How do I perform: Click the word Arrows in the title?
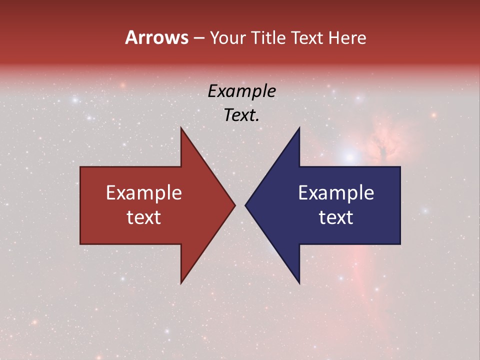(x=156, y=37)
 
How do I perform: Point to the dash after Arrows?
(x=198, y=38)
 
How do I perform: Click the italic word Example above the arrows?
(x=242, y=91)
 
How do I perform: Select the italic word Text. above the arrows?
(x=242, y=115)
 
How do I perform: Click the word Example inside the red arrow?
(x=144, y=193)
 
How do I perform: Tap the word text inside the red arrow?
(x=144, y=217)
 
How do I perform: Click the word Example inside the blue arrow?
(x=336, y=193)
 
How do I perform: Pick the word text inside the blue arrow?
(x=336, y=217)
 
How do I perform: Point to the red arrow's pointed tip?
(x=235, y=205)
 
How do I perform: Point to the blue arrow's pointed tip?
(x=245, y=205)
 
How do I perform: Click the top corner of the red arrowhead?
(x=181, y=128)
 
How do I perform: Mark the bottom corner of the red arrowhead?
(x=181, y=283)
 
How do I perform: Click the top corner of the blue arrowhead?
(x=299, y=128)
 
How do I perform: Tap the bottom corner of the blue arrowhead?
(x=299, y=283)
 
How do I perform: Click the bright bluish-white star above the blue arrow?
(x=350, y=156)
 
